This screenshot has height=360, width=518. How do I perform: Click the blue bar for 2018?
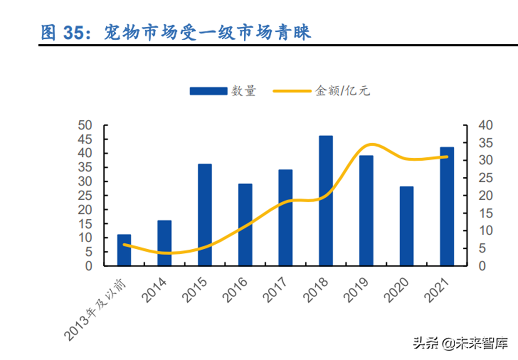326,201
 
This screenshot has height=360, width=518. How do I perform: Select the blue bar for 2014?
164,243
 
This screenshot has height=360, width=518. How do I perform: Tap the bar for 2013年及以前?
124,250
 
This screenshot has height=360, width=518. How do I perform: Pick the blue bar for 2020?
406,226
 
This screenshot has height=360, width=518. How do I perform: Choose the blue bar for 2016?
245,225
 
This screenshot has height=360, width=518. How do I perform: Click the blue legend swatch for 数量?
208,91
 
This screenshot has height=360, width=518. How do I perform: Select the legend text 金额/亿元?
343,91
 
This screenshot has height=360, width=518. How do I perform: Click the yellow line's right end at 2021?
446,157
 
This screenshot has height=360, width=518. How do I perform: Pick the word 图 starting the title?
49,33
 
